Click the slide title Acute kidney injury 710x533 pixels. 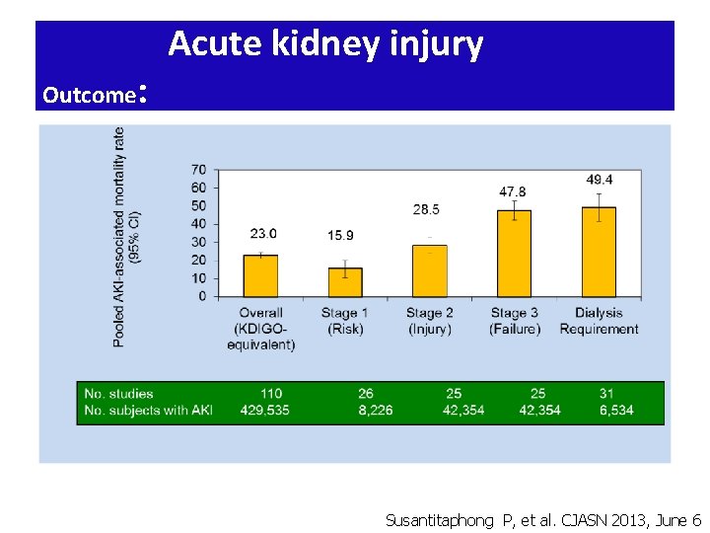tap(325, 44)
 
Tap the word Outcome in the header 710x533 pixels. tap(90, 95)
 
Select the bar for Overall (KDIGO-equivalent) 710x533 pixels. tap(260, 275)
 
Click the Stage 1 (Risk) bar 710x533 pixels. tap(345, 282)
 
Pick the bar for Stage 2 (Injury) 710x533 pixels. tap(429, 270)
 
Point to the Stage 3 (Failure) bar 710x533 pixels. tap(514, 254)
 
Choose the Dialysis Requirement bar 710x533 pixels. tap(599, 252)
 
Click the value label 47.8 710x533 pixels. tap(513, 191)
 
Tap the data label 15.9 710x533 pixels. tap(340, 235)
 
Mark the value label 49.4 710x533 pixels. tap(600, 180)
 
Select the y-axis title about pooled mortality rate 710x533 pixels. tap(126, 237)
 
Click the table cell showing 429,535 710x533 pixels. tap(265, 411)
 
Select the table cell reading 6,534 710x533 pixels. tap(616, 411)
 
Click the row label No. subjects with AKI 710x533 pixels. tap(148, 411)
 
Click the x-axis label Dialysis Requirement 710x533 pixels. tap(599, 321)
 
